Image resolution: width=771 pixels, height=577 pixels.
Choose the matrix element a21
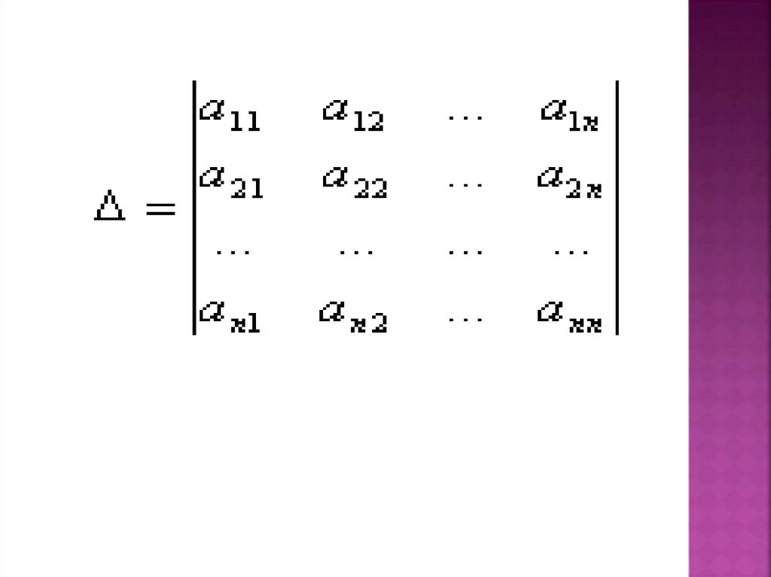[230, 182]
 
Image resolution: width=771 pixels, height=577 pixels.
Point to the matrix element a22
[354, 182]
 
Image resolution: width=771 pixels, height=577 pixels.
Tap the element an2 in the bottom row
[352, 317]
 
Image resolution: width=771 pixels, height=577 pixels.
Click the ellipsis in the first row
[465, 117]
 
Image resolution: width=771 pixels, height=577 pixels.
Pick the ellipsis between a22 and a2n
[465, 184]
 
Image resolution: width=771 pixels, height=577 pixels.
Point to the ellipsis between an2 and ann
[465, 318]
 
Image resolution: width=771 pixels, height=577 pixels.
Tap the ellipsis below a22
[355, 251]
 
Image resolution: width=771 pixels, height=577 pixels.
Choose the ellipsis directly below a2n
[571, 251]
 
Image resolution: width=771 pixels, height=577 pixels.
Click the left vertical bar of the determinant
[194, 208]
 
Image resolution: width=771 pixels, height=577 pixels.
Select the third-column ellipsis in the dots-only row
[465, 251]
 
